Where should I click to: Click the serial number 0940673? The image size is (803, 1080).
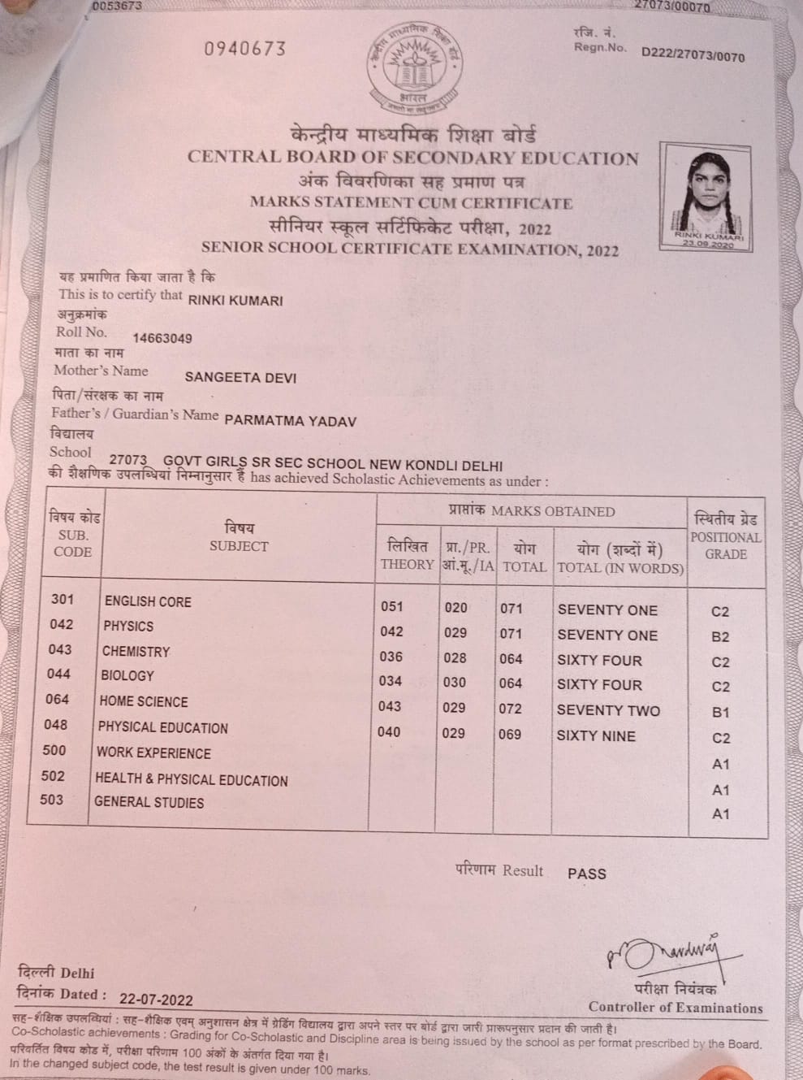[x=245, y=49]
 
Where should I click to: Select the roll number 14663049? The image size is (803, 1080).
[x=162, y=338]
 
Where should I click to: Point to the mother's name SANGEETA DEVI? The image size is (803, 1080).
[x=240, y=377]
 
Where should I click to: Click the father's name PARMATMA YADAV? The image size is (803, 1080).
[x=290, y=420]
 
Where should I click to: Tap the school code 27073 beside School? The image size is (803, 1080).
[x=127, y=460]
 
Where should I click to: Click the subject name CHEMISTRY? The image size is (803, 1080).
[x=136, y=651]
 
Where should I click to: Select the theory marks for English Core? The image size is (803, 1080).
[x=391, y=606]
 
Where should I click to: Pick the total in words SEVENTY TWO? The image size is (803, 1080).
[x=608, y=710]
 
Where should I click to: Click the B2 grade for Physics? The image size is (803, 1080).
[x=720, y=637]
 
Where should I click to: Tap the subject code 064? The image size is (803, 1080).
[x=57, y=700]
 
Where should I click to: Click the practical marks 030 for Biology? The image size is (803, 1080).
[x=455, y=683]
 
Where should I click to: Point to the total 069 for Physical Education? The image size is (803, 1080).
[x=510, y=734]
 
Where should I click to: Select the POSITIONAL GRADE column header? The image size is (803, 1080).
[x=725, y=536]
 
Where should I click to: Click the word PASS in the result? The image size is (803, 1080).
[x=586, y=874]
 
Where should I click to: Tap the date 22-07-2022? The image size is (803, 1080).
[x=156, y=999]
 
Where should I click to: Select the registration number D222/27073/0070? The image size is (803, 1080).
[x=693, y=55]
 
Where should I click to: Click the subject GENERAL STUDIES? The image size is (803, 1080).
[x=149, y=802]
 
